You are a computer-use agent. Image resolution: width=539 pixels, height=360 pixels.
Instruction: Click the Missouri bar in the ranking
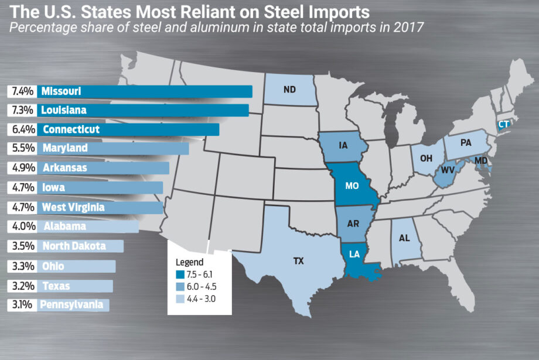pos(144,91)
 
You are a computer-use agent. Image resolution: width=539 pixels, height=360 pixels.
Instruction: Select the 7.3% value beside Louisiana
pos(21,110)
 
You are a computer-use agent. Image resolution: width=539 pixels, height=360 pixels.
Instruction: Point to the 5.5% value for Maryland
pos(21,149)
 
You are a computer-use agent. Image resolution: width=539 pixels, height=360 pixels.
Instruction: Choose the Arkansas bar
pos(103,168)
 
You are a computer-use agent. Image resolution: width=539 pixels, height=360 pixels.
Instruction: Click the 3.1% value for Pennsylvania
pos(21,304)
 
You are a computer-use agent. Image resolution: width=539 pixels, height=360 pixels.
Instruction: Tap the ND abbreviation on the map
pos(289,91)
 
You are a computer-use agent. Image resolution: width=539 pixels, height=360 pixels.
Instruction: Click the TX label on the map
pos(299,262)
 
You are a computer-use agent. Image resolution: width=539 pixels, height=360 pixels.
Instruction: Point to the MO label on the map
pos(352,186)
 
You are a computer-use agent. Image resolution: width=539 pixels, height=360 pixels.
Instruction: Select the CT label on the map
pos(504,125)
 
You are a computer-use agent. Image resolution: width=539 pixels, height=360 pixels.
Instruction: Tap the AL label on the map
pos(404,238)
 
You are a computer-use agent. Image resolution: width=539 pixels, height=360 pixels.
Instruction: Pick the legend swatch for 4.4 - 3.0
pos(180,298)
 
